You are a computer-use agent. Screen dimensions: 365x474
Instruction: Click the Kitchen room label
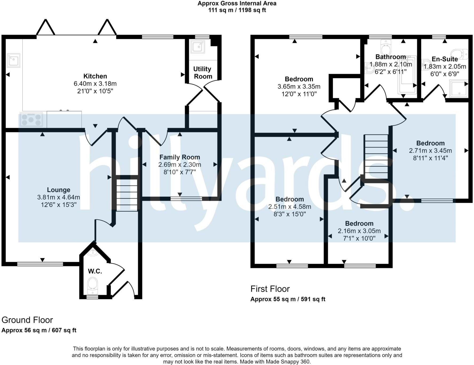click(95, 76)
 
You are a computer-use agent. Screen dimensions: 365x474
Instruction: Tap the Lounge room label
click(58, 190)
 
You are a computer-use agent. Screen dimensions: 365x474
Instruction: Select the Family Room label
click(180, 157)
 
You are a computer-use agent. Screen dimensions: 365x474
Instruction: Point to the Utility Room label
click(203, 73)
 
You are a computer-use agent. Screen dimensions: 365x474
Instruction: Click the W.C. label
click(95, 271)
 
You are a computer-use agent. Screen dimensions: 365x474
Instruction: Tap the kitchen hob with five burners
click(31, 120)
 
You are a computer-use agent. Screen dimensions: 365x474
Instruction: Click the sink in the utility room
click(198, 47)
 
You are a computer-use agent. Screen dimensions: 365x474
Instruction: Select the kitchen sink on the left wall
click(13, 60)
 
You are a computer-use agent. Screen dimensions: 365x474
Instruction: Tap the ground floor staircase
click(127, 195)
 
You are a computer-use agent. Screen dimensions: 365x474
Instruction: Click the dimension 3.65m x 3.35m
click(299, 86)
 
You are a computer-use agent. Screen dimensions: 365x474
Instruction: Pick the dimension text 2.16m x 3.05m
click(359, 231)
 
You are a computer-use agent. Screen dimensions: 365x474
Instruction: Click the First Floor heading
click(270, 289)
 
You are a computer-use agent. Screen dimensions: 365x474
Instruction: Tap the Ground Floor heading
click(27, 320)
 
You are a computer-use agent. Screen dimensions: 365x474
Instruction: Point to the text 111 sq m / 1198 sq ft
click(237, 10)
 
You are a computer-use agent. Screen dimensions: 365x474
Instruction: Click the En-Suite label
click(445, 59)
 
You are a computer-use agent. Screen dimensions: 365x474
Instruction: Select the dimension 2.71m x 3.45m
click(430, 150)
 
